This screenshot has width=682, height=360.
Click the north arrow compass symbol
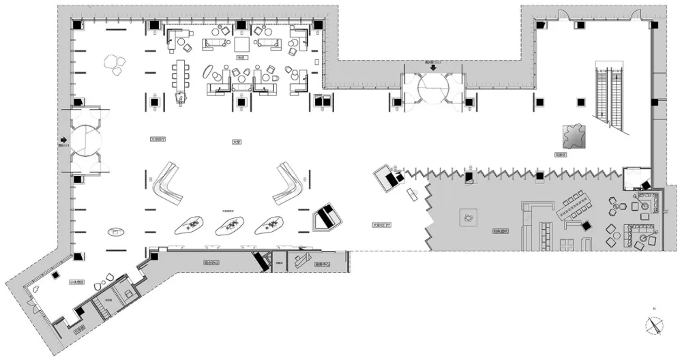pos(653,325)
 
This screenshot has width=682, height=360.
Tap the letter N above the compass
pos(653,310)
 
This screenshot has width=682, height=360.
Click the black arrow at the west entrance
pos(64,140)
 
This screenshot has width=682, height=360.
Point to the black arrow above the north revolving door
pos(432,67)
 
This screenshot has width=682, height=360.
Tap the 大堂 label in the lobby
pos(237,142)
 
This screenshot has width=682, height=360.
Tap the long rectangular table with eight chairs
pos(181,74)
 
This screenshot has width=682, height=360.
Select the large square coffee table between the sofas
pos(243,44)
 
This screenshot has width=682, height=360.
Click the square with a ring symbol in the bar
pos(469,216)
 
